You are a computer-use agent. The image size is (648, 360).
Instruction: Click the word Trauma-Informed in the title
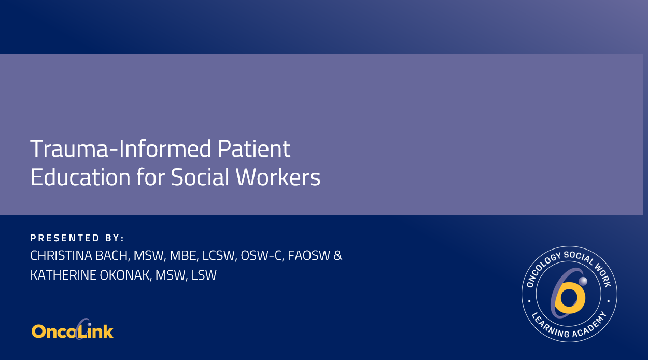[120, 149]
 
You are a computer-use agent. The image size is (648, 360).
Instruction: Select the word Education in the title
[80, 177]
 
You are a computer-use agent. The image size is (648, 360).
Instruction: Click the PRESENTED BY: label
[77, 238]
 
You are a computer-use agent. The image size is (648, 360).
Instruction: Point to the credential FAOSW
[310, 256]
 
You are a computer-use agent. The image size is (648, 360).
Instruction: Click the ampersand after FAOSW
[337, 256]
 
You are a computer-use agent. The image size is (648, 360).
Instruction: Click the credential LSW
[204, 275]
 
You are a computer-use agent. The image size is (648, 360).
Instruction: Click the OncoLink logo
[73, 330]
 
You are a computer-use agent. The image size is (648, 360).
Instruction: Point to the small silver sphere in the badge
[583, 281]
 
